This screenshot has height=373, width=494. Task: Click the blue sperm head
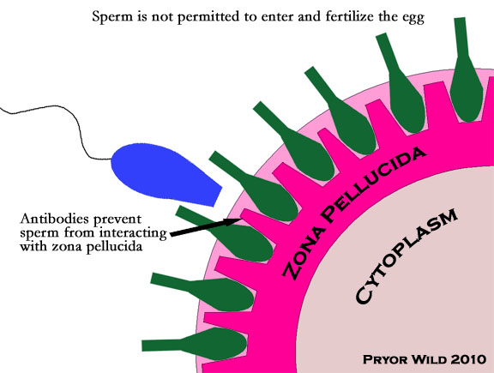coord(164,173)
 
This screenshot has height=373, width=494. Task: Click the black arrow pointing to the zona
coord(205,227)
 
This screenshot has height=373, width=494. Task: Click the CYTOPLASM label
coord(407,256)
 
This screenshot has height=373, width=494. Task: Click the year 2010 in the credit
coord(468,359)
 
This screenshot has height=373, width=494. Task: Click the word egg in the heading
coord(413,18)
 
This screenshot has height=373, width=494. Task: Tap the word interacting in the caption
coord(133,233)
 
